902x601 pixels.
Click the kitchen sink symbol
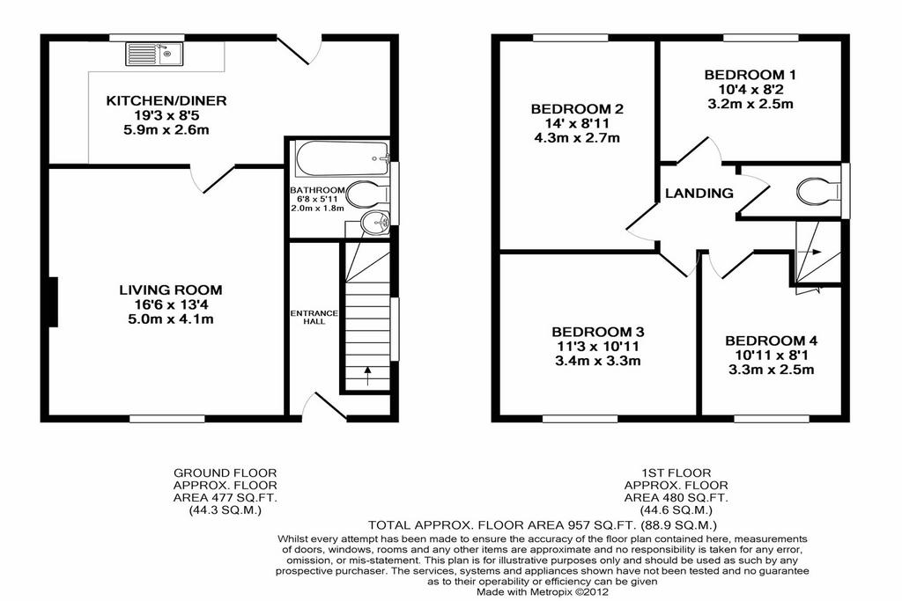tap(154, 54)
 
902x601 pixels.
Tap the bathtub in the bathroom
tap(343, 158)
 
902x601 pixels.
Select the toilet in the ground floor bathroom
tap(368, 194)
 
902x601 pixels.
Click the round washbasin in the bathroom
tap(374, 223)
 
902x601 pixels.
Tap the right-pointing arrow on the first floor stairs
tap(812, 251)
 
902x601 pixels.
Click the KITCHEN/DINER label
tap(166, 100)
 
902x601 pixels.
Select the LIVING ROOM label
tap(170, 290)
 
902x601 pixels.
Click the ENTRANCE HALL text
tap(314, 317)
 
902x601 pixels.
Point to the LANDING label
tap(699, 193)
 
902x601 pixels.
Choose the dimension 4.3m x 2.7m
tap(577, 138)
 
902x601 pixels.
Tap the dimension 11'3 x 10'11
tap(598, 347)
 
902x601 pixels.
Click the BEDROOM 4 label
tap(771, 341)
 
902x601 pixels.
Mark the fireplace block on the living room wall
tap(53, 302)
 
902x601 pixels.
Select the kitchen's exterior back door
tap(300, 49)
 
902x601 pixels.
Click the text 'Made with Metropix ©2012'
tap(543, 591)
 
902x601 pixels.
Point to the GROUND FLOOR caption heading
tap(225, 473)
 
